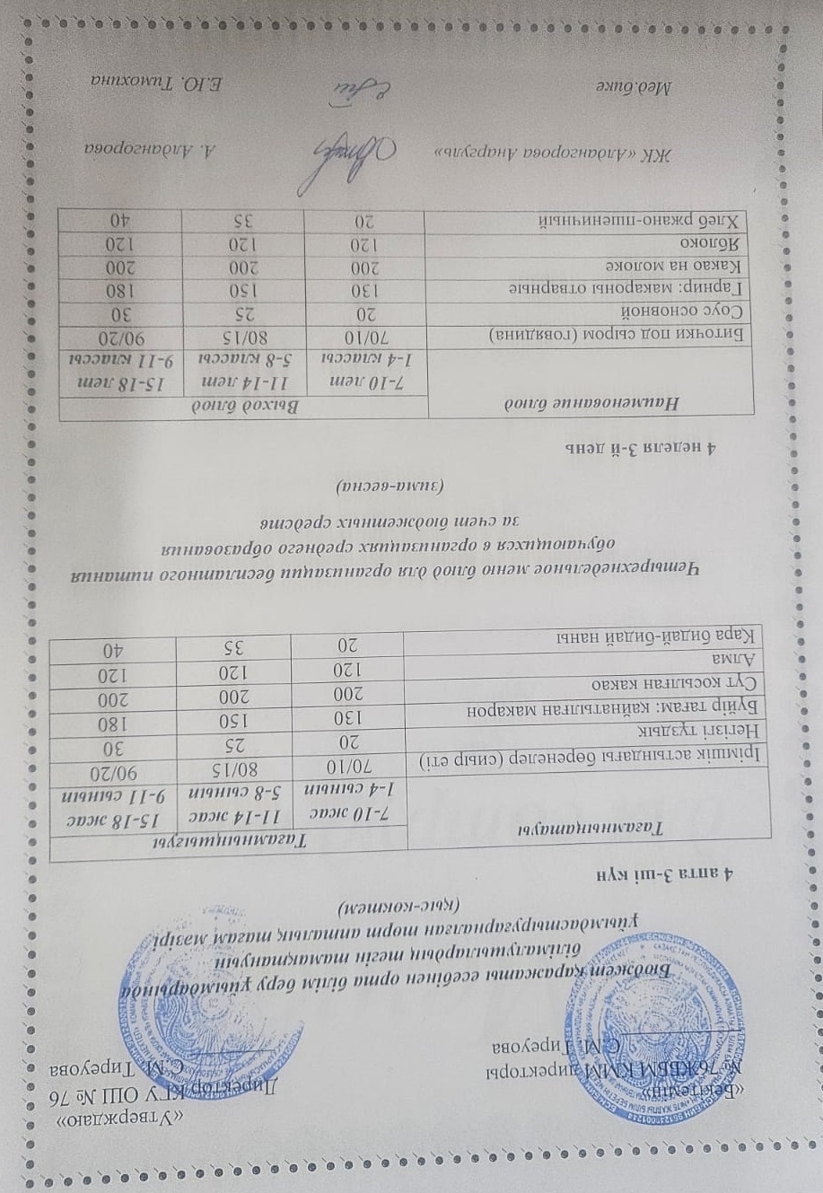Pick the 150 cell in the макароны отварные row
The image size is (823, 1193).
pos(241,289)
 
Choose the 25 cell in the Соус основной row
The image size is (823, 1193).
pos(241,311)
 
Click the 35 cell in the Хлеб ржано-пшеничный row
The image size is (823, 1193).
pos(241,218)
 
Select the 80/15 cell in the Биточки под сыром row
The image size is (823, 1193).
pos(241,335)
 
